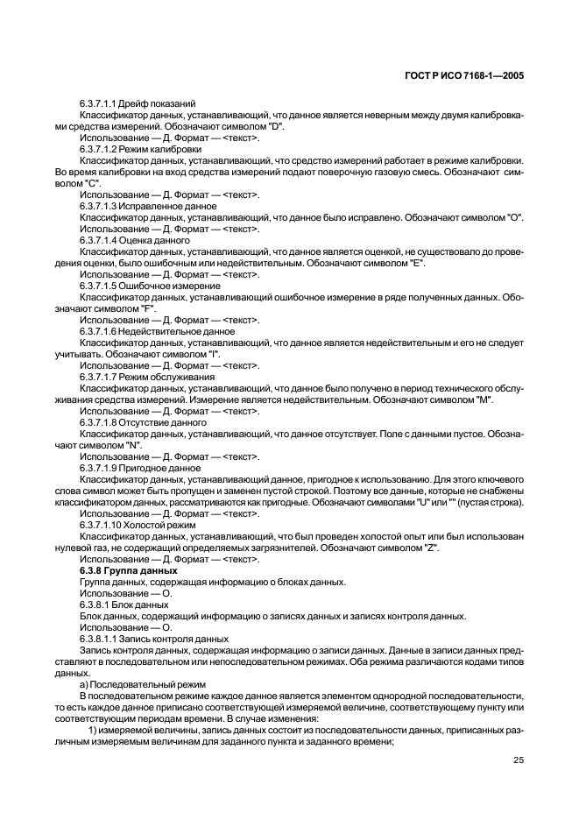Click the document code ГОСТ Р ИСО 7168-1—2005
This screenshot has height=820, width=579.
coord(466,76)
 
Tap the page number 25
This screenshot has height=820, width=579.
coord(518,760)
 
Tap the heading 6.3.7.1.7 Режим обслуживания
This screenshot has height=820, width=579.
coord(140,377)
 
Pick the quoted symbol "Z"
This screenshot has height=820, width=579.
coord(431,548)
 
